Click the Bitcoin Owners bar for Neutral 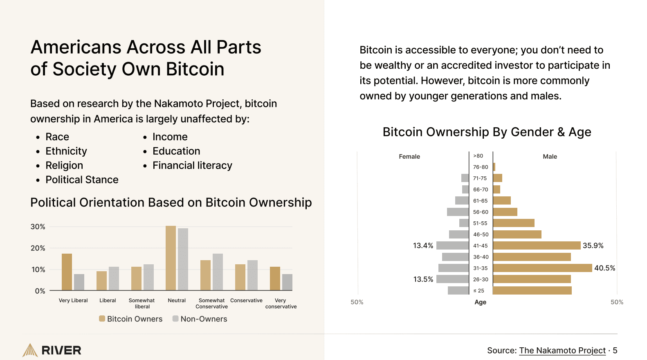click(171, 258)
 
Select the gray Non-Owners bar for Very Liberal click(79, 282)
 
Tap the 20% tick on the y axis click(38, 248)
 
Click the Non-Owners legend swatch click(175, 319)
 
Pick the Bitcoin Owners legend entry click(131, 319)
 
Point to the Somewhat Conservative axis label click(211, 304)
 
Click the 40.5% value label click(604, 268)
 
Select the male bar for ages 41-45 click(537, 245)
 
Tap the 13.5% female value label click(423, 279)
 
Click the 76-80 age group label click(481, 167)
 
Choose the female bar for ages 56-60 click(458, 212)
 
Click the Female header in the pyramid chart click(409, 157)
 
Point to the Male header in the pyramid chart click(550, 157)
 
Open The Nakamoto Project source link click(562, 351)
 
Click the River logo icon click(30, 350)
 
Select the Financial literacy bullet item click(192, 166)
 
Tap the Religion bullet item click(64, 166)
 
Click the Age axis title click(480, 302)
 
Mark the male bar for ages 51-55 click(514, 223)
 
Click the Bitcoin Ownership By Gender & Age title click(487, 132)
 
